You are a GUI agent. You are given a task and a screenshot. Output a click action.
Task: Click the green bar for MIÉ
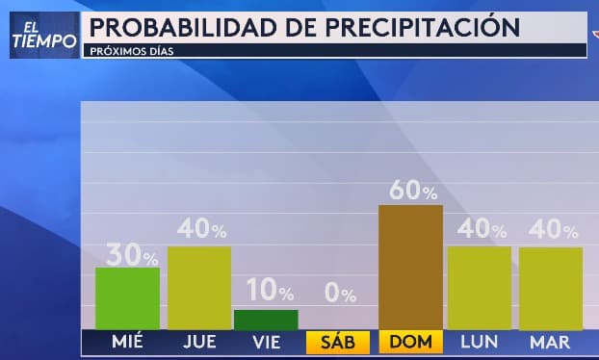pos(127,298)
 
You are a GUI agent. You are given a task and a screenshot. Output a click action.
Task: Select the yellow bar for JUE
pos(199,288)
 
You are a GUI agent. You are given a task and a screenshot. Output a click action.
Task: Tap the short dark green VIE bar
pos(266,320)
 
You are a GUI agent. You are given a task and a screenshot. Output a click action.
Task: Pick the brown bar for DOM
pos(410,267)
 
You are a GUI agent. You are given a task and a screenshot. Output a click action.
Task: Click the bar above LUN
pos(479,288)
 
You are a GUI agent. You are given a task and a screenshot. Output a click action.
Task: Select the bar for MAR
pos(551,288)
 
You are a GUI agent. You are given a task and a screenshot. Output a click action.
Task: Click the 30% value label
pos(133,254)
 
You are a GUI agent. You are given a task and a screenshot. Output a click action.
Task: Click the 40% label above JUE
pos(202,230)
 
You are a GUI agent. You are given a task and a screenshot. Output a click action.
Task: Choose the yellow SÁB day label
pos(337,342)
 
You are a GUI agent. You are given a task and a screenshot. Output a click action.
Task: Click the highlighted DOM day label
pos(411,342)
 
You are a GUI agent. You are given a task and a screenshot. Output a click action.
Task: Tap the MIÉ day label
pos(128,342)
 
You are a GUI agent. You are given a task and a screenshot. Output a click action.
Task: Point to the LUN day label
pos(479,342)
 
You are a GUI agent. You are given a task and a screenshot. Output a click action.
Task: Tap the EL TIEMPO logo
pos(43,35)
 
